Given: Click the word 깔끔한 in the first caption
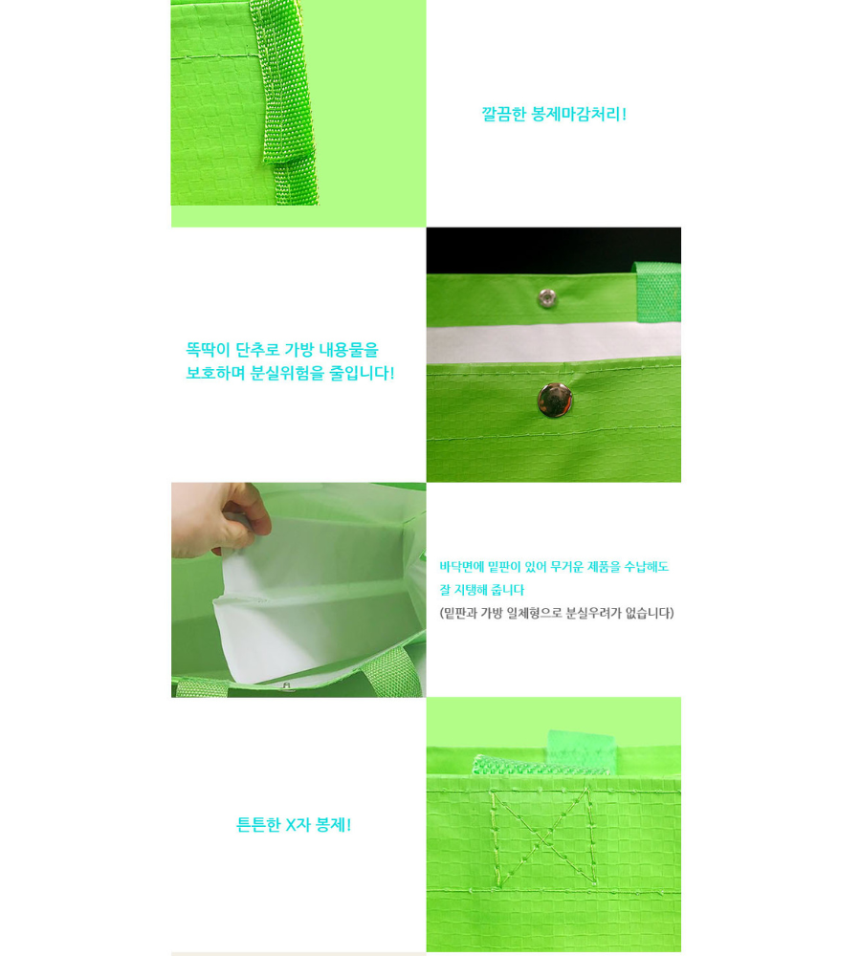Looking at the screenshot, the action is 503,114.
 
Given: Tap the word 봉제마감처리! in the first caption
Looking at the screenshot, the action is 579,114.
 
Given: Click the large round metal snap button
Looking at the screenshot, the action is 555,401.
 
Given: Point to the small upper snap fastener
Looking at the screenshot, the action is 547,298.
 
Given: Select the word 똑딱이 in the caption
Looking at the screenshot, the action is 209,350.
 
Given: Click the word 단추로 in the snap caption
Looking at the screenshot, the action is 257,350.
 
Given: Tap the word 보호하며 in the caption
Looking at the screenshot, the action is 215,373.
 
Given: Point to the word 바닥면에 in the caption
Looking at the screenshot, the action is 462,567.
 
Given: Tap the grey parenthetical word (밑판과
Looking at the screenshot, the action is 458,614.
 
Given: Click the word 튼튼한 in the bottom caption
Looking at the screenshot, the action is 258,825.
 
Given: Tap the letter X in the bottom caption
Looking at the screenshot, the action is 291,825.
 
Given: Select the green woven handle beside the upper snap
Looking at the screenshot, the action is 657,293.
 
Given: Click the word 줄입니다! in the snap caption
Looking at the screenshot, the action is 363,373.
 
